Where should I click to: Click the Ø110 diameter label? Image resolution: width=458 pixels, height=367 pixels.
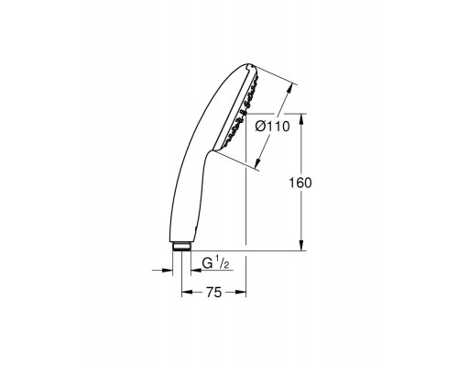(272, 127)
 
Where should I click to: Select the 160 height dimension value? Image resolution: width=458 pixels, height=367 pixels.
(300, 183)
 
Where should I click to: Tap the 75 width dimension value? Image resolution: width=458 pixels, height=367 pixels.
(213, 293)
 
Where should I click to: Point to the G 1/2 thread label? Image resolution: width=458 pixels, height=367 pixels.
(216, 263)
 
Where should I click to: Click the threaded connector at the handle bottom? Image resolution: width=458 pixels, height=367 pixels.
(181, 247)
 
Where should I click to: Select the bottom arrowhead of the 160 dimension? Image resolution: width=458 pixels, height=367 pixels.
(301, 245)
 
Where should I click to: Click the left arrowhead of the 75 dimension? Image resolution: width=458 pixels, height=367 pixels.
(188, 293)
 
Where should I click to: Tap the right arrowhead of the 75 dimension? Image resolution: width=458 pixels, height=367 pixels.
(240, 293)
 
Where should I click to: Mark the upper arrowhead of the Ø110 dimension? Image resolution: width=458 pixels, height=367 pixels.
(290, 89)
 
